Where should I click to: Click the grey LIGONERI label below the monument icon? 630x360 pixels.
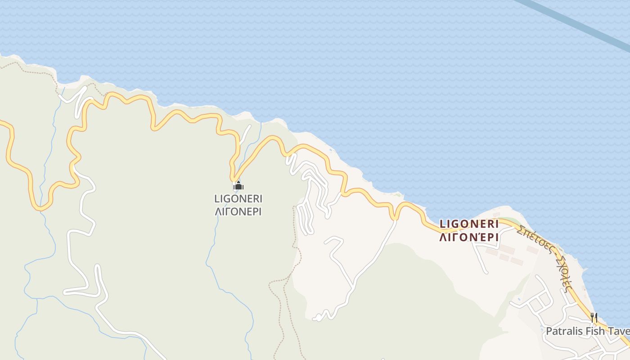tap(238, 198)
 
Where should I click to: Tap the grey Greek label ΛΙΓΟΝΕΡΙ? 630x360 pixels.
tap(238, 211)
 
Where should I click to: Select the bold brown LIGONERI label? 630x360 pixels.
tap(469, 224)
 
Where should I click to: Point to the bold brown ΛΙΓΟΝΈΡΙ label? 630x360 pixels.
tap(469, 237)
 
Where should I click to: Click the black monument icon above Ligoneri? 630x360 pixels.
tap(238, 185)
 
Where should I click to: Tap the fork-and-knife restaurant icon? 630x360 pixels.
tap(594, 317)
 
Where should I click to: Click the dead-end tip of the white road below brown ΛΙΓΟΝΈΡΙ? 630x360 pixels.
tap(486, 272)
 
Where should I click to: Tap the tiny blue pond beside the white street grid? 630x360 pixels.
tap(519, 298)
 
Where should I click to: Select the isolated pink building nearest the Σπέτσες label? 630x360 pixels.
tap(532, 249)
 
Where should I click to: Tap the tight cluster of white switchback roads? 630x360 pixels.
tap(310, 198)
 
